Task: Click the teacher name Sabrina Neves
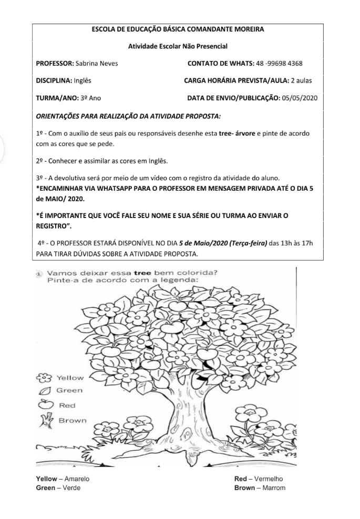[97, 64]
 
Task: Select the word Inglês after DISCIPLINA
[83, 81]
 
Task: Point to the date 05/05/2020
[300, 98]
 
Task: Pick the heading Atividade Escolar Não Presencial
[178, 46]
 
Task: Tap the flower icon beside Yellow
[45, 377]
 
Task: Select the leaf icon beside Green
[46, 390]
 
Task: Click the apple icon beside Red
[45, 404]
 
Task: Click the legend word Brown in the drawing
[73, 420]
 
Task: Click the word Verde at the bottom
[71, 488]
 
